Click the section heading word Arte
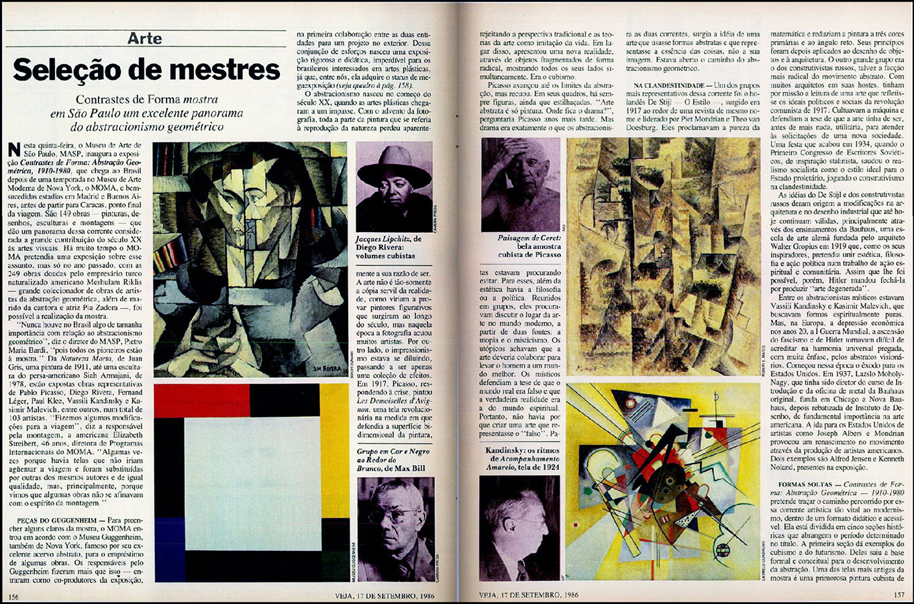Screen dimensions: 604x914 144,38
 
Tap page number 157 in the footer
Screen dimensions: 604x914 899,595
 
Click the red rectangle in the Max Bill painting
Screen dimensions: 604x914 201,401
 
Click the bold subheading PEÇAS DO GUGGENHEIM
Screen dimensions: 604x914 57,520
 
